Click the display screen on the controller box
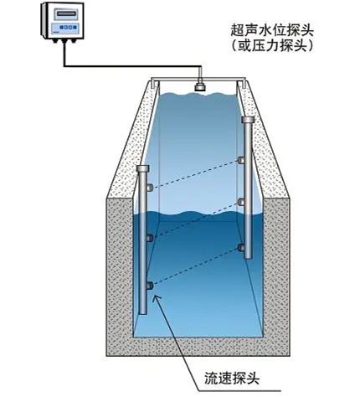(66, 13)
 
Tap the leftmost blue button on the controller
(60, 28)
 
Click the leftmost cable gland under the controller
(54, 40)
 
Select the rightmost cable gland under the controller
(74, 40)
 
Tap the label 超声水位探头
(272, 30)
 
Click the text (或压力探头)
(272, 45)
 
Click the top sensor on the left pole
(150, 188)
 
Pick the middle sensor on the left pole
(150, 238)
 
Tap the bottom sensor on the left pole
(150, 286)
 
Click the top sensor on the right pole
(241, 160)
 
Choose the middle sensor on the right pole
(241, 202)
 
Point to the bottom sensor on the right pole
(241, 247)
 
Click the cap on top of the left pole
(143, 168)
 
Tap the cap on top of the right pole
(248, 120)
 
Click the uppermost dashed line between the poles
(195, 174)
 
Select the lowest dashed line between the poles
(195, 266)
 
